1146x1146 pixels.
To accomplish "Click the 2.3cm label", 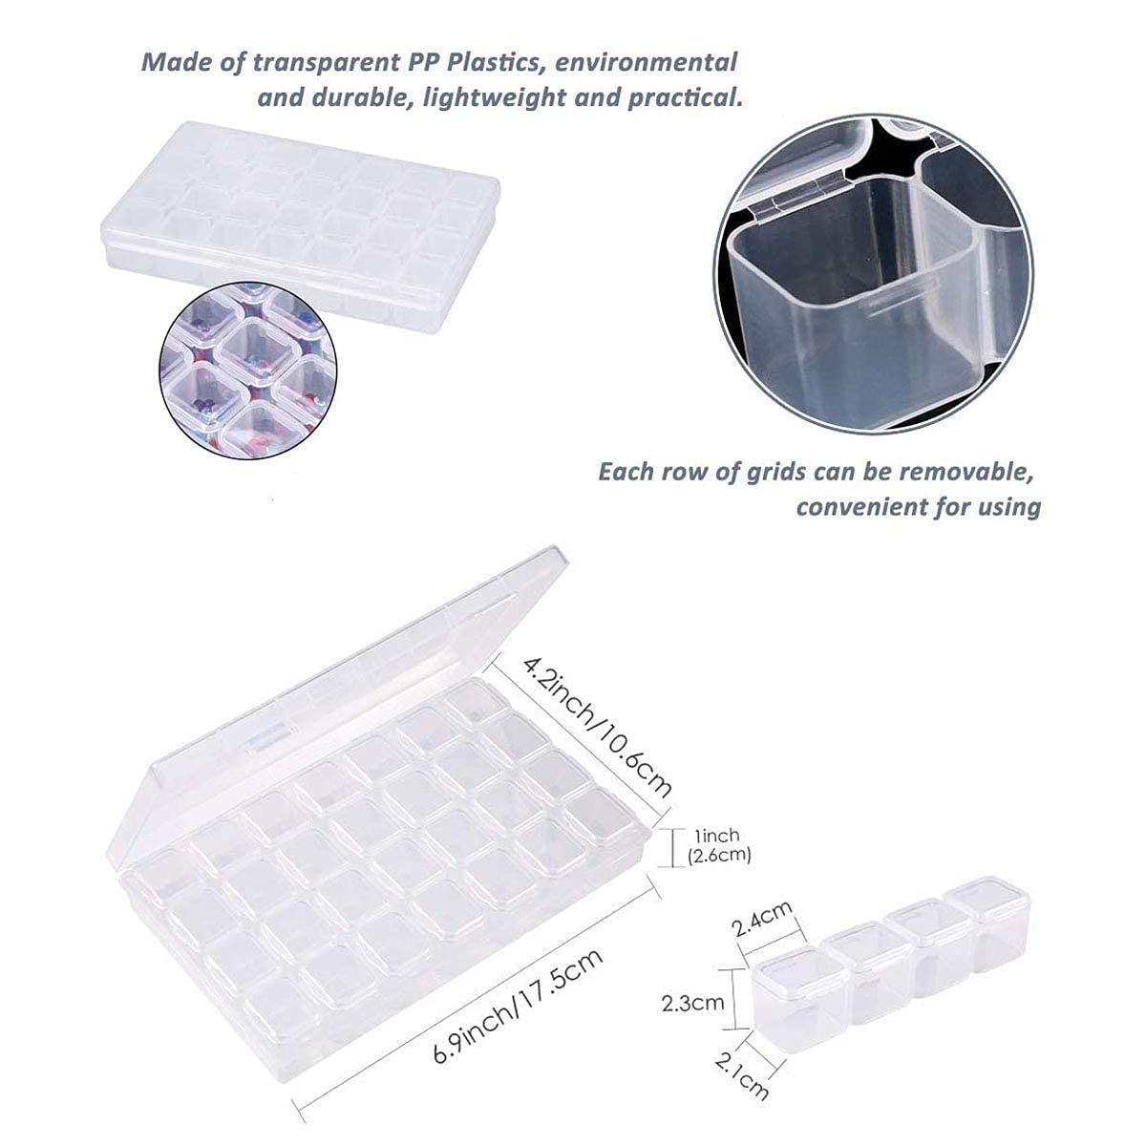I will tap(693, 1004).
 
